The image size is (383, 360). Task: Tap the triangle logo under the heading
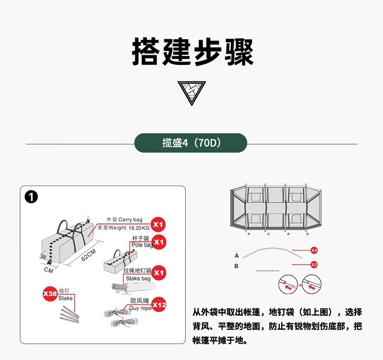[191, 93]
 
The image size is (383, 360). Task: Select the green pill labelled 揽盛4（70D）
[191, 143]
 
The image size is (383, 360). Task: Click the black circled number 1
[32, 198]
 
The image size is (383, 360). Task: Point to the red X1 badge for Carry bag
[159, 224]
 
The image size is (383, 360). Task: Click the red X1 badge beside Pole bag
[159, 241]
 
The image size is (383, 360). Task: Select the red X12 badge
[159, 305]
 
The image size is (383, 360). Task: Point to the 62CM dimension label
[89, 255]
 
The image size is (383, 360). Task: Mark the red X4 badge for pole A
[314, 250]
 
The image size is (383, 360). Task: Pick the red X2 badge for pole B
[314, 265]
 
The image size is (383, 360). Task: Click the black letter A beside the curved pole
[237, 255]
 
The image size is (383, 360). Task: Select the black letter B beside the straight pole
[237, 266]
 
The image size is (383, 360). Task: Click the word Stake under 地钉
[65, 298]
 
